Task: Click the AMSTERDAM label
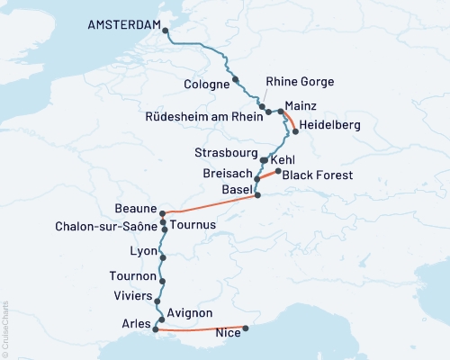[x=123, y=26]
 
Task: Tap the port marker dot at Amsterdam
[x=166, y=33]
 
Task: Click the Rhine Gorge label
[x=299, y=82]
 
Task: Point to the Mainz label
[x=299, y=105]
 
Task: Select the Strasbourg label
[x=226, y=151]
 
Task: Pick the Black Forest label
[x=317, y=175]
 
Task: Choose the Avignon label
[x=191, y=312]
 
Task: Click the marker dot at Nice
[x=246, y=328]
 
